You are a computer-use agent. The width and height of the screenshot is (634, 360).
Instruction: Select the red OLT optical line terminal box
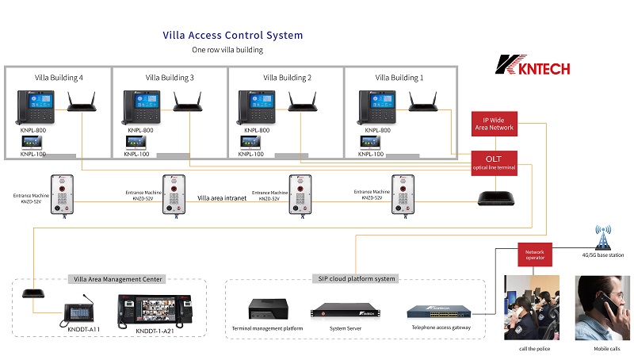click(x=494, y=162)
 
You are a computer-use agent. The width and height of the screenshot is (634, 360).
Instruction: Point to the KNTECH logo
click(x=530, y=65)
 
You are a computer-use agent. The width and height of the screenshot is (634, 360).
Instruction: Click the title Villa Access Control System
click(x=232, y=36)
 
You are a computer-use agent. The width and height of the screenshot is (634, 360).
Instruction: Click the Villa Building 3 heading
click(x=170, y=78)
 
